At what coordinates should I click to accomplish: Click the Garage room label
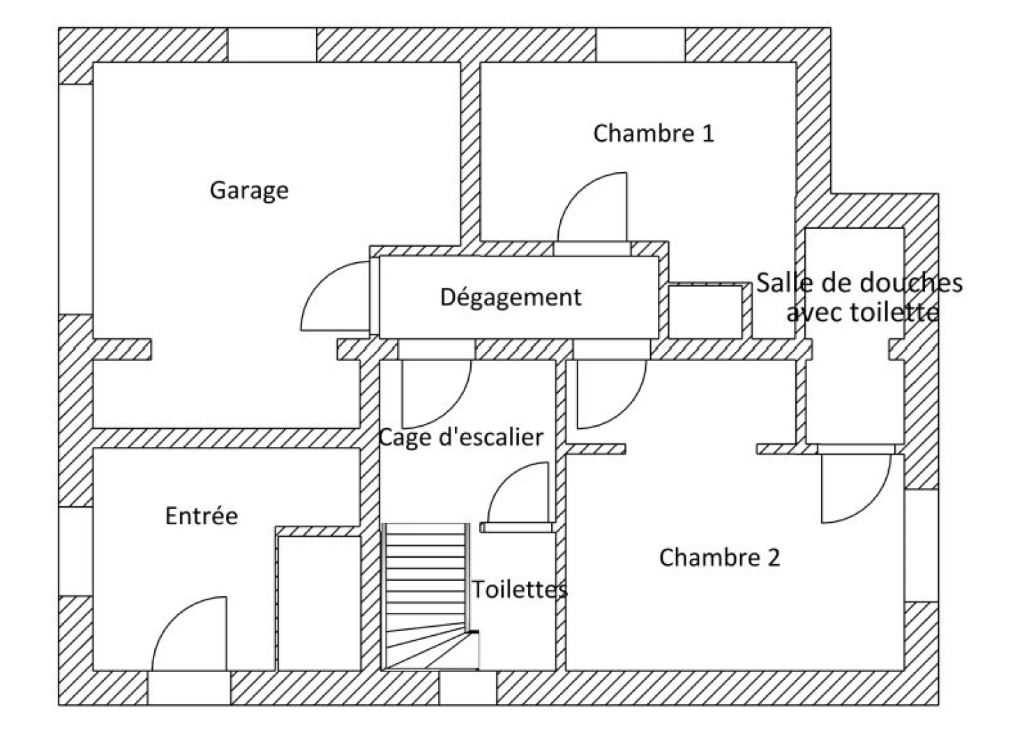(x=249, y=190)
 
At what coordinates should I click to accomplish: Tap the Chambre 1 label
(x=654, y=134)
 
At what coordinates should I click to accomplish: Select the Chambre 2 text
(x=719, y=557)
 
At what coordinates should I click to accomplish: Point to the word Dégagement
(x=511, y=297)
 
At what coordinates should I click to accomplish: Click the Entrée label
(x=202, y=516)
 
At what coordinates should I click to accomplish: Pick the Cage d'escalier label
(x=461, y=437)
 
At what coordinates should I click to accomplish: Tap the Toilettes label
(x=520, y=589)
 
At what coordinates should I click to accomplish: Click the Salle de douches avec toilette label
(x=859, y=298)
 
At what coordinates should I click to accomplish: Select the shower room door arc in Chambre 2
(x=871, y=503)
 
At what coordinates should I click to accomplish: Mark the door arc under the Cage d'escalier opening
(x=451, y=409)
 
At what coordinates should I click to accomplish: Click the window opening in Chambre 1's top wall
(x=640, y=45)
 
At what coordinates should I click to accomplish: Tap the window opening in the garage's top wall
(x=272, y=45)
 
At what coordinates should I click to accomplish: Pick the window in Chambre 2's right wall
(x=922, y=545)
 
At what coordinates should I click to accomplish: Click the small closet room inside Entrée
(x=319, y=603)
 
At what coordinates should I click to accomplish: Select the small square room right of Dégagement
(x=705, y=312)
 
